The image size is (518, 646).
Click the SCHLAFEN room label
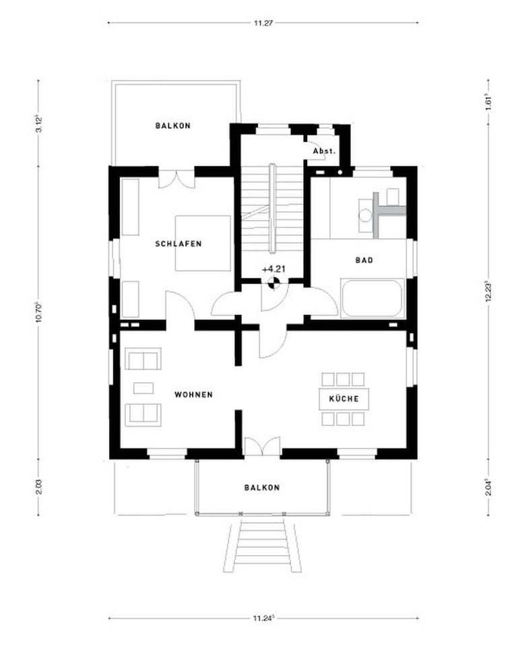point(178,244)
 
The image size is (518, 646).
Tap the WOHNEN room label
point(193,394)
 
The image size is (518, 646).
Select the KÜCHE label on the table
point(344,399)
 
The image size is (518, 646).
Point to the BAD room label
point(364,260)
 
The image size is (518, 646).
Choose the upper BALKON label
point(173,126)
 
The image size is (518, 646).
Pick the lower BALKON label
point(262,487)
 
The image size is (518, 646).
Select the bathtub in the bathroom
point(372,298)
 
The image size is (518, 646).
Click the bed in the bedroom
point(203,243)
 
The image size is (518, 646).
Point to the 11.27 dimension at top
point(263,23)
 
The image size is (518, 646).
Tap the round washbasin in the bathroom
point(364,216)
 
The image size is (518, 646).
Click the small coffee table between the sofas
point(143,388)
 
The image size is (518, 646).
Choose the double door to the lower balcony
point(261,446)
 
